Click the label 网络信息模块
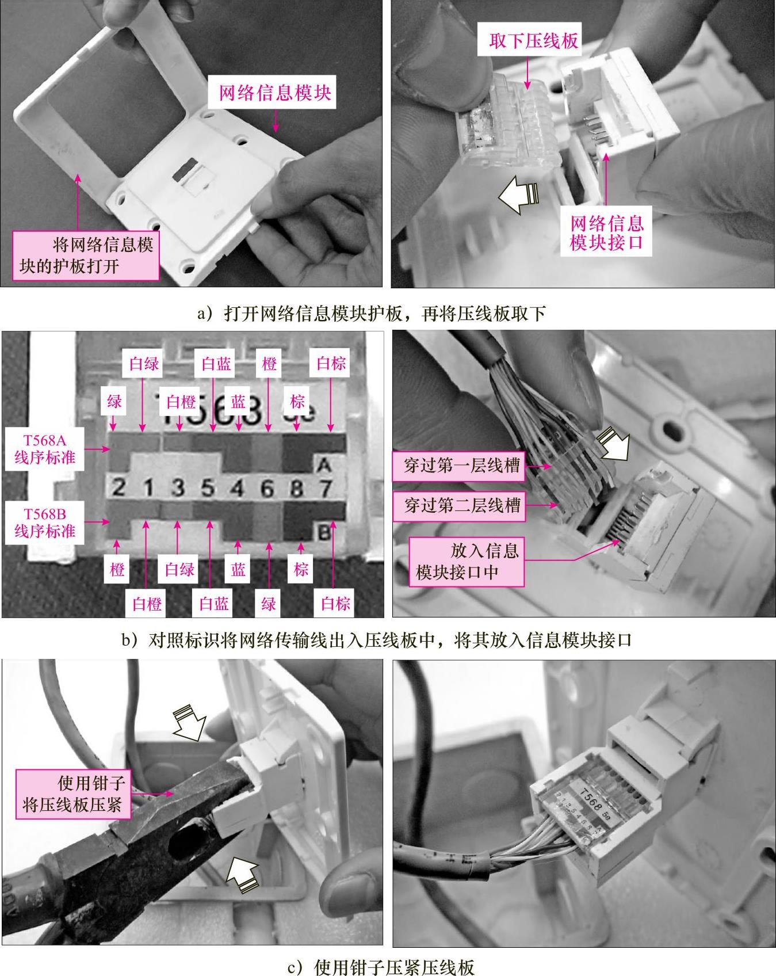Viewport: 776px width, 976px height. [x=276, y=93]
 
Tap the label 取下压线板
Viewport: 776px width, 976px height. [x=533, y=40]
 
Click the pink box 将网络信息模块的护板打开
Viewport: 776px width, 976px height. [x=86, y=256]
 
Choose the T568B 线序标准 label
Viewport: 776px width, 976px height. [x=45, y=522]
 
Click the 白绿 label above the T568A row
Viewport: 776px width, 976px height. [x=144, y=364]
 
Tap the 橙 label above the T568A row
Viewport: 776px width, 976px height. [x=269, y=364]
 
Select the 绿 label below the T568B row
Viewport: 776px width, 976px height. [x=269, y=604]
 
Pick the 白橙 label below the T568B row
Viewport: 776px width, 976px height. [x=147, y=604]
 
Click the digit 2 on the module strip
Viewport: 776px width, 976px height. [x=118, y=489]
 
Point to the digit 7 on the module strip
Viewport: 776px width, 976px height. [x=326, y=489]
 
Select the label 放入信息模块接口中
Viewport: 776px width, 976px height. [x=467, y=562]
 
